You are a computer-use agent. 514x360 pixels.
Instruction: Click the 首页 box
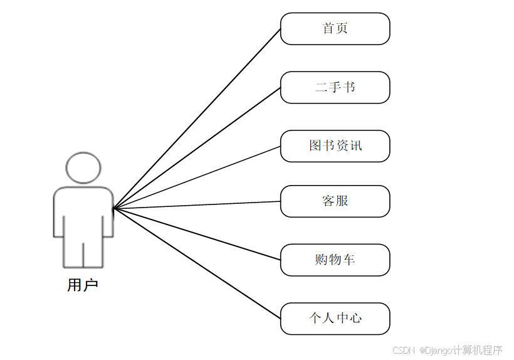pyautogui.click(x=335, y=29)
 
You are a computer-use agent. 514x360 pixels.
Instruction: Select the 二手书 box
pyautogui.click(x=335, y=87)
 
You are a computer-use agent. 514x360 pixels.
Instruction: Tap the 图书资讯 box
pyautogui.click(x=335, y=146)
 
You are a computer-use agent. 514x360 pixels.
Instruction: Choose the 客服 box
pyautogui.click(x=335, y=201)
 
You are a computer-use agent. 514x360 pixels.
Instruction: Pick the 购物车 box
pyautogui.click(x=335, y=260)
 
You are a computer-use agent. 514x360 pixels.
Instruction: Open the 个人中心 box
pyautogui.click(x=335, y=319)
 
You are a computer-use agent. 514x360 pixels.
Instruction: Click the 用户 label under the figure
pyautogui.click(x=83, y=285)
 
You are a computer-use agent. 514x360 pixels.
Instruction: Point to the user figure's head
pyautogui.click(x=83, y=167)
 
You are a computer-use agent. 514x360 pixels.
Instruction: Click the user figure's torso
pyautogui.click(x=83, y=210)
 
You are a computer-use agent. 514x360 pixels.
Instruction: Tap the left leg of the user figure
pyautogui.click(x=73, y=252)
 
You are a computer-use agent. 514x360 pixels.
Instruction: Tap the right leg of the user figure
pyautogui.click(x=93, y=252)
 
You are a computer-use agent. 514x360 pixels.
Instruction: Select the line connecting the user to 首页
pyautogui.click(x=197, y=119)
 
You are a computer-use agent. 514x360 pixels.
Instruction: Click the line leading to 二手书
pyautogui.click(x=197, y=148)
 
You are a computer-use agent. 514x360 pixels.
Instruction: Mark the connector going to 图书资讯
pyautogui.click(x=197, y=177)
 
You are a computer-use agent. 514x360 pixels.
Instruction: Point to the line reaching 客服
pyautogui.click(x=197, y=204)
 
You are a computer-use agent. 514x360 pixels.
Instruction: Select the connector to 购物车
pyautogui.click(x=197, y=233)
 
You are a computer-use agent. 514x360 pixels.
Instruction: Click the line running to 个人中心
pyautogui.click(x=197, y=263)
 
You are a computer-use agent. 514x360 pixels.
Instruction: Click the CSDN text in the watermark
pyautogui.click(x=404, y=350)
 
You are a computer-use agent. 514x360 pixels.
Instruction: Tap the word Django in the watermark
pyautogui.click(x=439, y=350)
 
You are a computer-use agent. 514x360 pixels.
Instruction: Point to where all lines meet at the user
pyautogui.click(x=114, y=208)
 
